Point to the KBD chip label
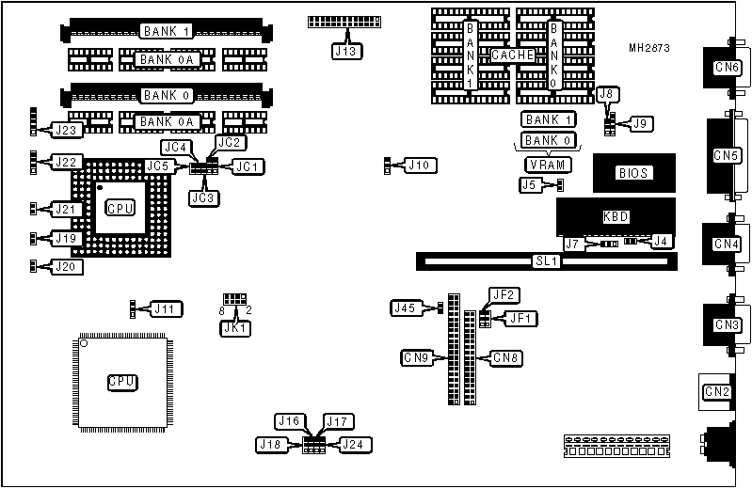point(616,217)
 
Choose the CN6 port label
point(726,68)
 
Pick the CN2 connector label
point(717,391)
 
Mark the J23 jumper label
point(67,129)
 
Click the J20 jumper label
point(67,267)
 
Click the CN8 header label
point(506,357)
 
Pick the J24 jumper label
point(355,444)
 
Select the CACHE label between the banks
point(513,55)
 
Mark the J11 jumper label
point(166,308)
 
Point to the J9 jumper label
point(642,122)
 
